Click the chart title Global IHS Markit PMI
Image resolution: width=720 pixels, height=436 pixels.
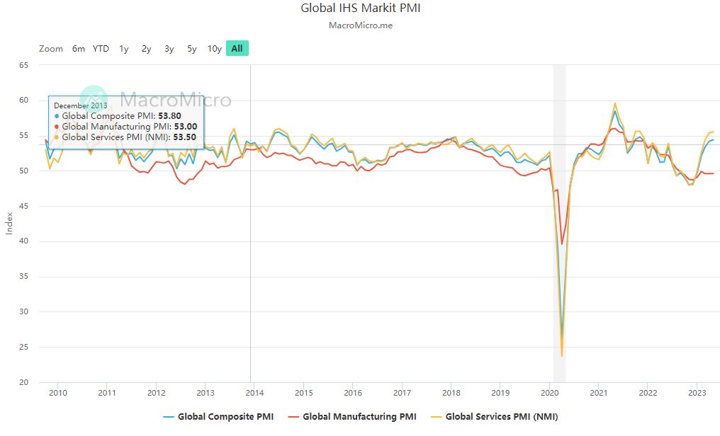(x=360, y=8)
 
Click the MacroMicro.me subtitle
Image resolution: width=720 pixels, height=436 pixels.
(x=360, y=25)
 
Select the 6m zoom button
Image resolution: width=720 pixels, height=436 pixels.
(x=78, y=49)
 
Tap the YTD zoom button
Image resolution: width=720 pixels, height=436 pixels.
(x=101, y=49)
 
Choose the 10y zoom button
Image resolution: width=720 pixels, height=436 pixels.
(x=214, y=49)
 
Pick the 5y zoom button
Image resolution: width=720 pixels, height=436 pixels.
(x=191, y=49)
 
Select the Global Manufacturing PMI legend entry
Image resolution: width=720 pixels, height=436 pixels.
(x=352, y=416)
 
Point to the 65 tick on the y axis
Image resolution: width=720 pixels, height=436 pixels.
(x=23, y=65)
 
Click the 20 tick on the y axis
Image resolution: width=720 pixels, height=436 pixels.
(x=23, y=382)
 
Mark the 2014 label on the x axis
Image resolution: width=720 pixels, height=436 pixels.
(x=254, y=393)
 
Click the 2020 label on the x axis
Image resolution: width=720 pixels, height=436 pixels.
(x=550, y=393)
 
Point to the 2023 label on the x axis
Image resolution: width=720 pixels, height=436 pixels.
(x=697, y=393)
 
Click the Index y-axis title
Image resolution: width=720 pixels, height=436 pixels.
(x=9, y=224)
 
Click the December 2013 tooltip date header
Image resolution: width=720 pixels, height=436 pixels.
(x=81, y=105)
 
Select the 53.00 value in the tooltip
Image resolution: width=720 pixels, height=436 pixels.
(x=185, y=126)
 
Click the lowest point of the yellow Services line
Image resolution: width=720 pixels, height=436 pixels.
(x=562, y=356)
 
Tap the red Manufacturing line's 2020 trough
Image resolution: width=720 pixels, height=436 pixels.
(x=562, y=244)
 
